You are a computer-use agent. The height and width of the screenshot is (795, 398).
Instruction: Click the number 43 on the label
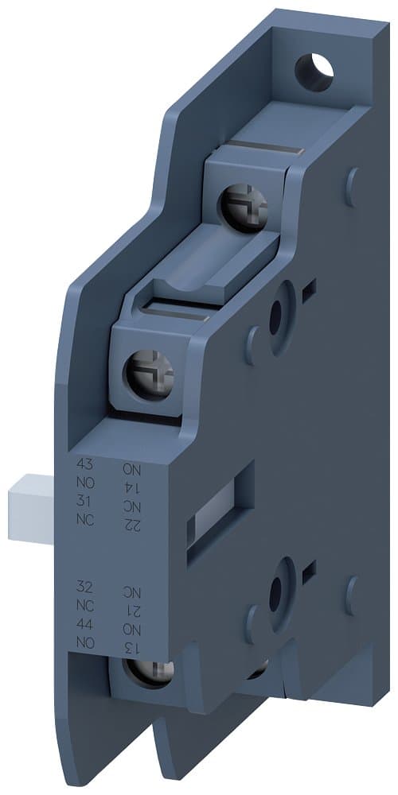84,463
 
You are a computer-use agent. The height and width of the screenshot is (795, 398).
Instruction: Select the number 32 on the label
84,588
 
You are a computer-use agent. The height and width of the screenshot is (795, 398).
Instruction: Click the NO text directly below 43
84,482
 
